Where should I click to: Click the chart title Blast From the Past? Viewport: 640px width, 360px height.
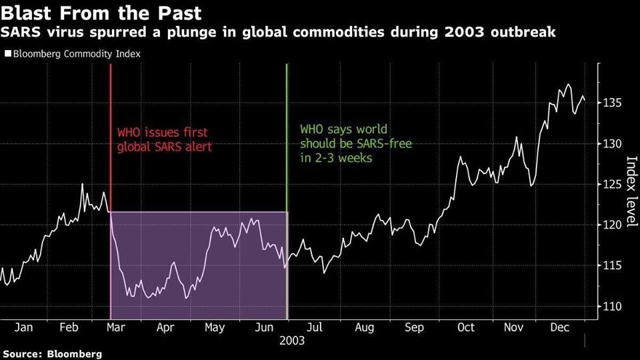coord(102,13)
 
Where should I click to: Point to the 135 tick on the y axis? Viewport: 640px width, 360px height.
coord(613,103)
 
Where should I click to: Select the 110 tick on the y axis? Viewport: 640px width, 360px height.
coord(613,307)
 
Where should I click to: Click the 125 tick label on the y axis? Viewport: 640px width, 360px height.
coord(613,184)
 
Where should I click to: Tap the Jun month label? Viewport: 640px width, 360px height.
coord(264,327)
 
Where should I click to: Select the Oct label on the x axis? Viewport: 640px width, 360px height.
coord(465,327)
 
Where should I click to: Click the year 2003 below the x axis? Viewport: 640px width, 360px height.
coord(293,341)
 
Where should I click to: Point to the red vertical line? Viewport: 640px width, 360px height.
coord(111,133)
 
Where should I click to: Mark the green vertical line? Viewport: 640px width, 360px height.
coord(287,133)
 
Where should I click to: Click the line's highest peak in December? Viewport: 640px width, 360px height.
coord(567,85)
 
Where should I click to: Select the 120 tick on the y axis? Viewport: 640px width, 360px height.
coord(613,225)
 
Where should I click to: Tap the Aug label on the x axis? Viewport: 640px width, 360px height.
coord(365,327)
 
